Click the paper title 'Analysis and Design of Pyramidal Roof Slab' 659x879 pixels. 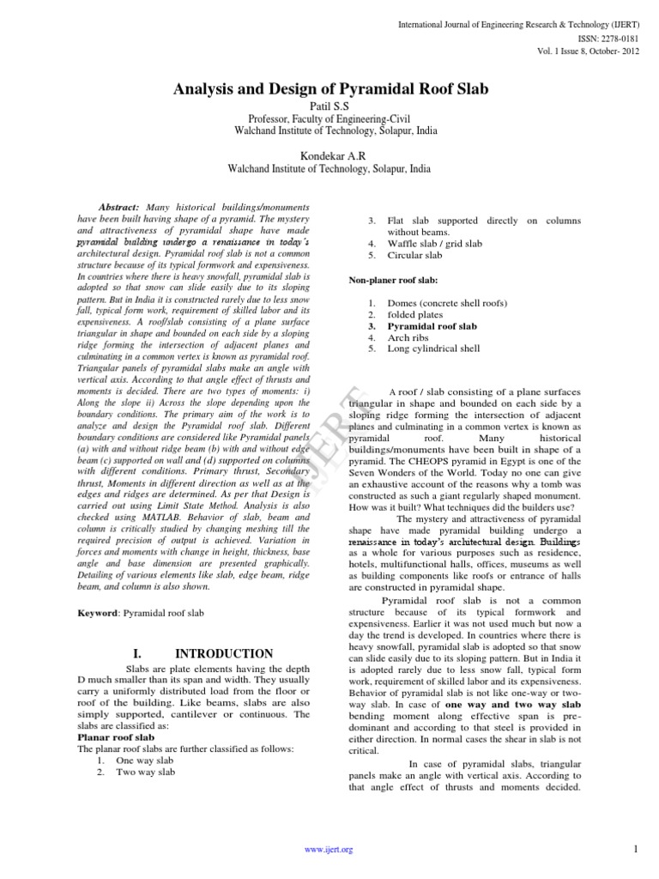pos(329,88)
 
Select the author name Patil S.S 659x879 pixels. pos(329,105)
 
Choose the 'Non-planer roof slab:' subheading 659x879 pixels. pos(392,281)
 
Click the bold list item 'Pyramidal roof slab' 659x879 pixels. pos(432,327)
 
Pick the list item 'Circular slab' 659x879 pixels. pos(414,256)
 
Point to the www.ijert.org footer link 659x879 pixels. pos(329,850)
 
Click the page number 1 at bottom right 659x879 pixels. pos(637,849)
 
